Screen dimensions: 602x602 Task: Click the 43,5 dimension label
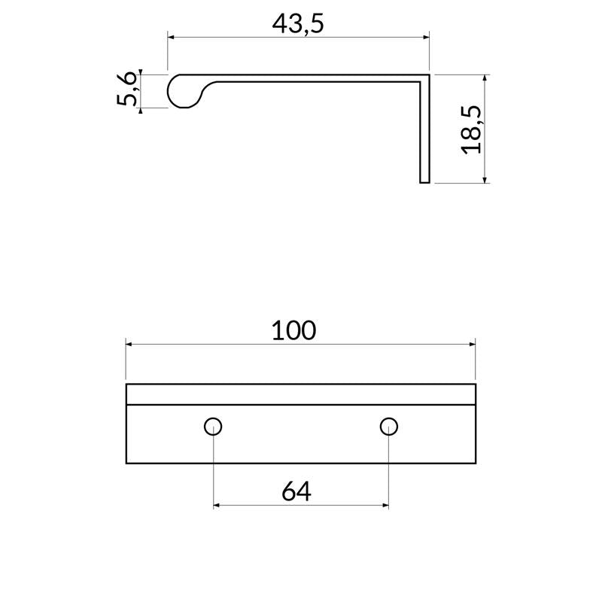click(x=297, y=23)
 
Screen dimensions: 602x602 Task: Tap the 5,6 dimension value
click(x=128, y=90)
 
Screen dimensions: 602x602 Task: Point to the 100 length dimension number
click(x=293, y=330)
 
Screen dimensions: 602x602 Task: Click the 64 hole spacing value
click(x=296, y=491)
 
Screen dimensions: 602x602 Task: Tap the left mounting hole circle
click(x=213, y=427)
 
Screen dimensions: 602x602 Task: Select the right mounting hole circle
click(x=388, y=427)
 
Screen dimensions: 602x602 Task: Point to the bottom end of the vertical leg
click(x=424, y=181)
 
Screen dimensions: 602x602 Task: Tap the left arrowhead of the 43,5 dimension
click(x=171, y=36)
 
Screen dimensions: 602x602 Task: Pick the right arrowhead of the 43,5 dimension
click(x=425, y=36)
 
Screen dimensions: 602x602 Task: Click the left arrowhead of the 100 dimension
click(x=129, y=344)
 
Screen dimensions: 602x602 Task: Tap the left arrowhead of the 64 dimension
click(x=217, y=505)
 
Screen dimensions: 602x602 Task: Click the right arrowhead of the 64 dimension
click(x=385, y=505)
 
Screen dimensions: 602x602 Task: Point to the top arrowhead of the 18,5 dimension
click(x=485, y=79)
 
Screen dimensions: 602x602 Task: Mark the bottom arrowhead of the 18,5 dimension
click(x=485, y=178)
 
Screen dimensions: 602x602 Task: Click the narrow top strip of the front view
click(x=300, y=394)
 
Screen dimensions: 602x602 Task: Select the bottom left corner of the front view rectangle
click(x=126, y=463)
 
